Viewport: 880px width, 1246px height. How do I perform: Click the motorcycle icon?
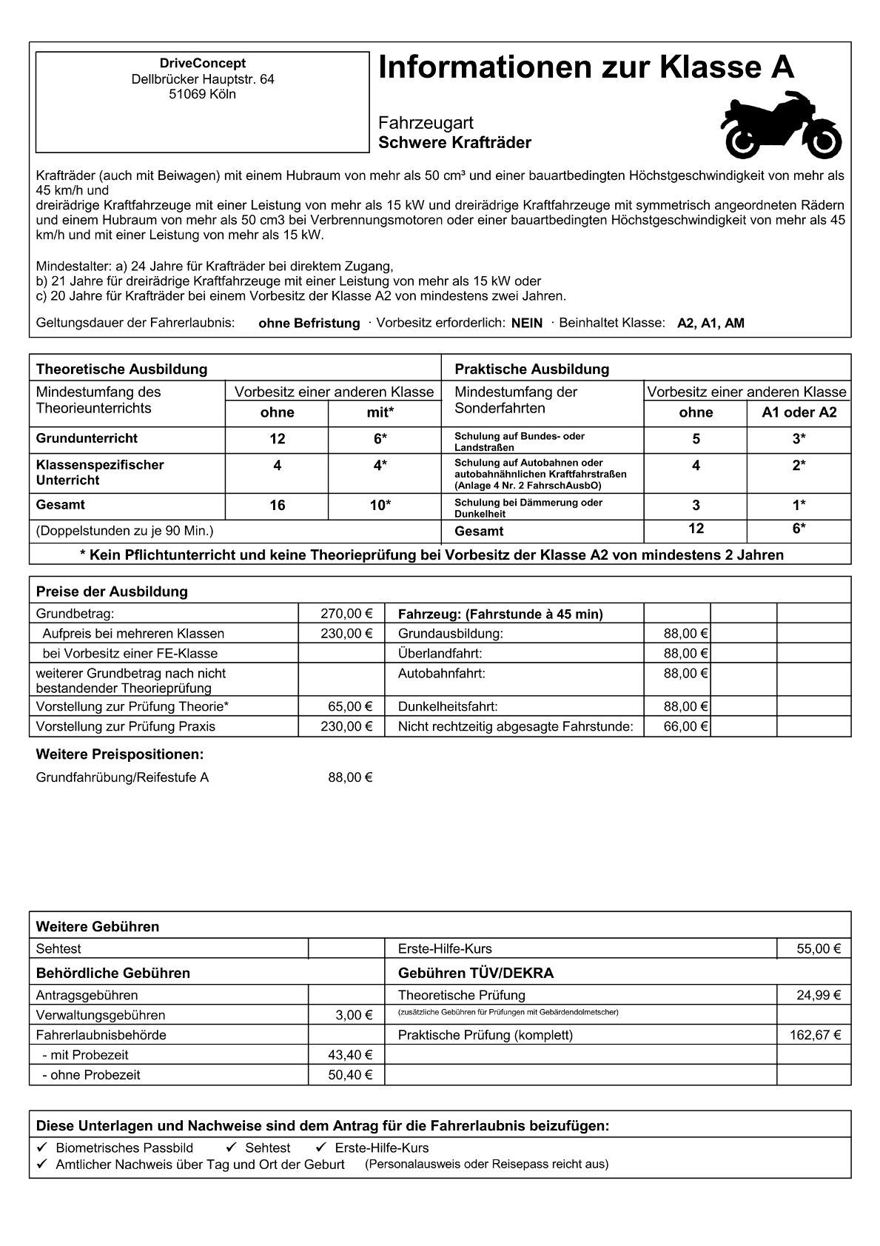point(781,127)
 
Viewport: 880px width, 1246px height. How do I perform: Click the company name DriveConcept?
point(202,64)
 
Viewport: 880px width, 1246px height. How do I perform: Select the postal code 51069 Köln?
point(202,94)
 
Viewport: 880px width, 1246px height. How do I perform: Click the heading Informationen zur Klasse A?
point(585,68)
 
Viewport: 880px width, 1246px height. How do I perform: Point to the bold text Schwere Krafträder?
point(454,143)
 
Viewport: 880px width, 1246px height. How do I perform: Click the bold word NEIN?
point(526,324)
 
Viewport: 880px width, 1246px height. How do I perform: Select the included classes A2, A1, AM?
point(711,324)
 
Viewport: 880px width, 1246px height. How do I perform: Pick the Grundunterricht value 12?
point(277,439)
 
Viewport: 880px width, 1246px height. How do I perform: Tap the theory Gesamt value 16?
point(277,506)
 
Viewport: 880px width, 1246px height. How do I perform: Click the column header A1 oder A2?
point(799,412)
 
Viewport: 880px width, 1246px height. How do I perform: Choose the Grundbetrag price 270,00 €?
point(346,614)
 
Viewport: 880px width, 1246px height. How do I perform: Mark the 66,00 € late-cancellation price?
point(686,726)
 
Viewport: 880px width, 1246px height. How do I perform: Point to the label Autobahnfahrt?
point(441,673)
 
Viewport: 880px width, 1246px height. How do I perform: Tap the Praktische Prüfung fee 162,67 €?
point(815,1035)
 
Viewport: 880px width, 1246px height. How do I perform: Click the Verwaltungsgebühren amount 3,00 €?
point(354,1015)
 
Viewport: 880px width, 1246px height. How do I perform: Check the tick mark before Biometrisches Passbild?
point(42,1148)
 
